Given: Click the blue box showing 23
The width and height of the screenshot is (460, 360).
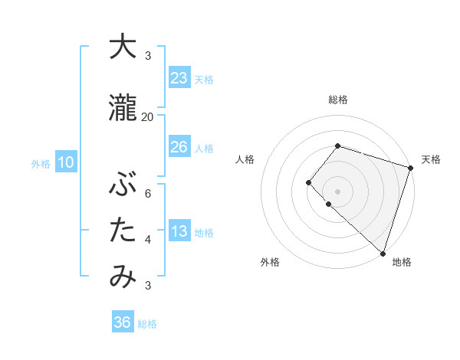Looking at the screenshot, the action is click(179, 78).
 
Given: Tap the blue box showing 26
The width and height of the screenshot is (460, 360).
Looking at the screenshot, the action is click(179, 147).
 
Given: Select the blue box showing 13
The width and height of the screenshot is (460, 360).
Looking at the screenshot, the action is click(179, 232).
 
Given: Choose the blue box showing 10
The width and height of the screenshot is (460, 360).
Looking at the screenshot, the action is click(65, 162).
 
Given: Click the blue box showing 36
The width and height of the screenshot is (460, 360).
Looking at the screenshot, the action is click(123, 323).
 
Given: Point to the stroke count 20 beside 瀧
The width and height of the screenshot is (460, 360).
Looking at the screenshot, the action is click(147, 116).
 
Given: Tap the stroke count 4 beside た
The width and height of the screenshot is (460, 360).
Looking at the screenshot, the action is click(148, 239).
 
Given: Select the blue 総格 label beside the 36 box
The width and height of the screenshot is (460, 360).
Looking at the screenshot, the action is click(147, 324).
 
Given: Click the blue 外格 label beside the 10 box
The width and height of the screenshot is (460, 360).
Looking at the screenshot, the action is click(40, 163).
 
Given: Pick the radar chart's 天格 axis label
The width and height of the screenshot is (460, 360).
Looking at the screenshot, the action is click(431, 159).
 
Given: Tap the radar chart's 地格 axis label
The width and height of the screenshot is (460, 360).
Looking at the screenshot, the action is click(402, 262).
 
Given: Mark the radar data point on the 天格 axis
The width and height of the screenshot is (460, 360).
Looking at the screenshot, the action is click(410, 168).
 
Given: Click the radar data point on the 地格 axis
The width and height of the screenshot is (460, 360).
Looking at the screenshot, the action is click(383, 253).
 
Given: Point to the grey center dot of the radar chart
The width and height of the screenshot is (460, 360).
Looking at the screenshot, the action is click(337, 191).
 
